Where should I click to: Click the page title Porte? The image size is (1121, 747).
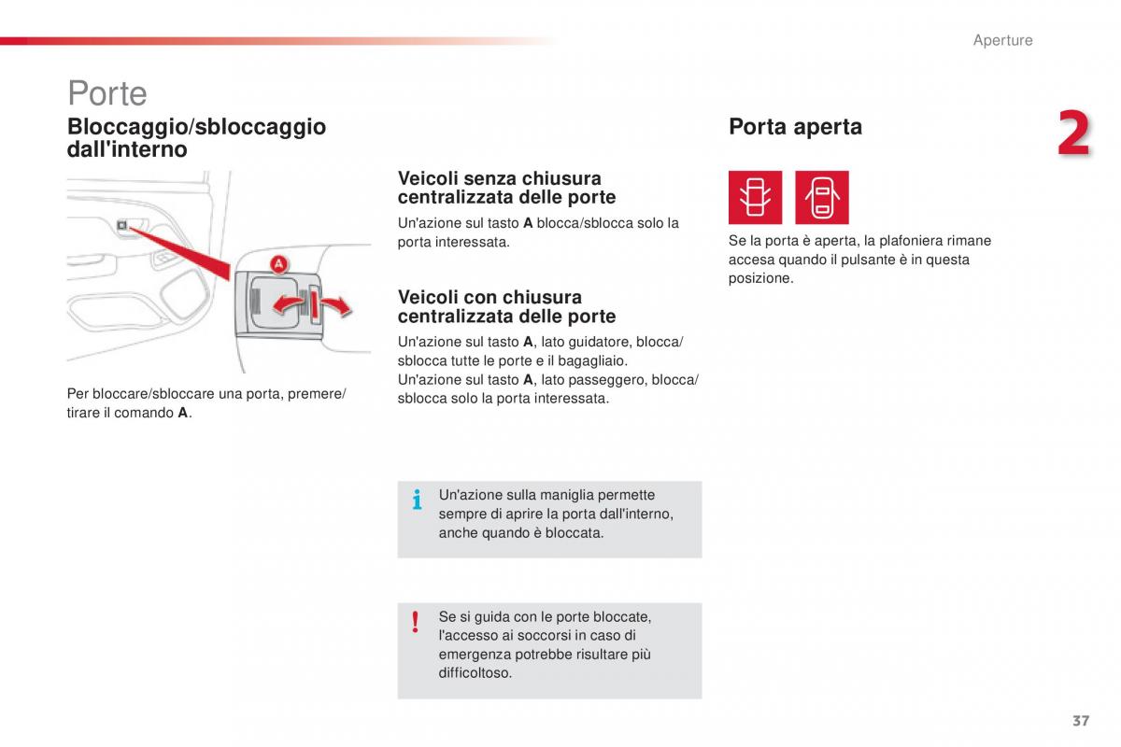point(107,93)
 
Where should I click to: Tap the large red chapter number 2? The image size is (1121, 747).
point(1074,134)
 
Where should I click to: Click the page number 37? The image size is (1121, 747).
point(1081,721)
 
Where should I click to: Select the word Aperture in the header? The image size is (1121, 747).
point(1003,40)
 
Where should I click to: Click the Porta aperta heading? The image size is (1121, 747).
point(795,127)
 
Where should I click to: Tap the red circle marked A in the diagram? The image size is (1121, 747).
point(278,263)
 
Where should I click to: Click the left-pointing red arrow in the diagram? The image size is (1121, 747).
point(288,303)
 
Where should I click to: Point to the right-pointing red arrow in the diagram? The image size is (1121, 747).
point(336,304)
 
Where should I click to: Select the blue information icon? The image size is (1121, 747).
point(417,500)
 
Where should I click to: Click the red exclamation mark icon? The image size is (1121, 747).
point(415,622)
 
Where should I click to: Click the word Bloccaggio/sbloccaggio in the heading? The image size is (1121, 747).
point(197,127)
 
